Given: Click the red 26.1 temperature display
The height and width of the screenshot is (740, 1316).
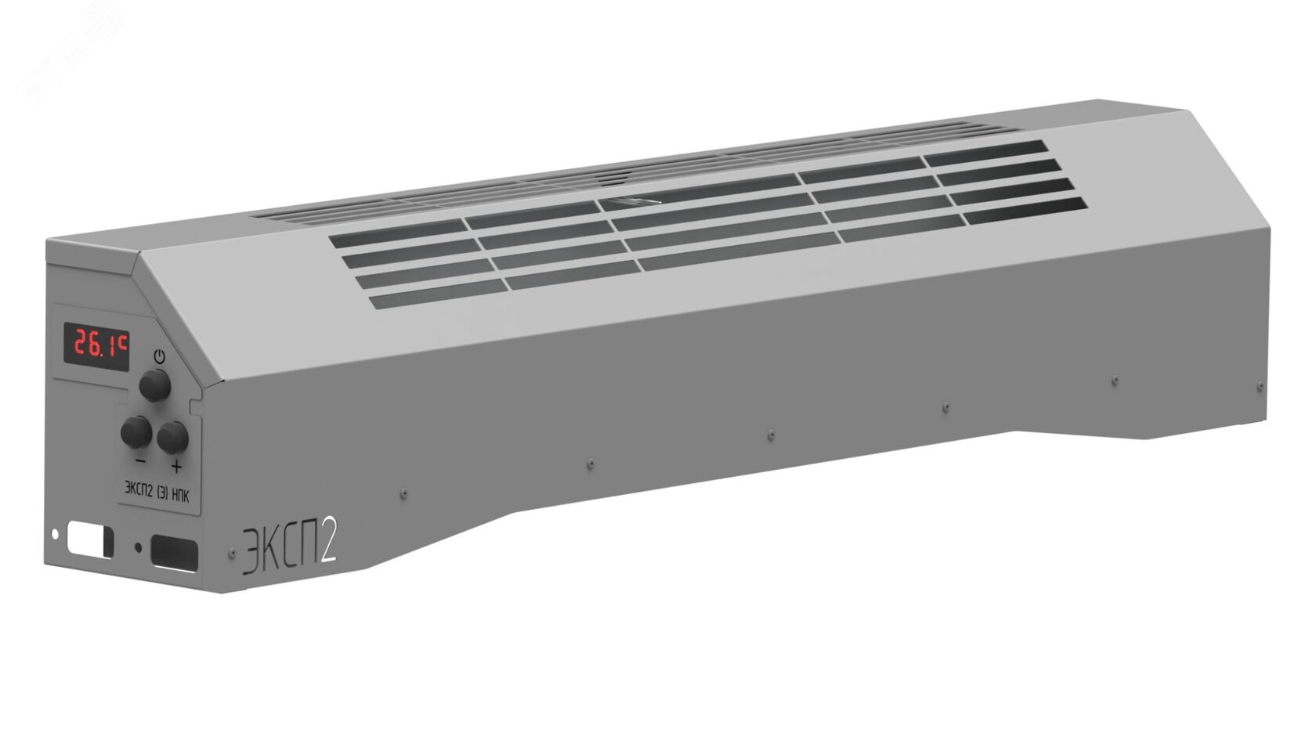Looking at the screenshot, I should tap(96, 345).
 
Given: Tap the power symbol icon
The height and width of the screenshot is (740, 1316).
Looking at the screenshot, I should tap(160, 356).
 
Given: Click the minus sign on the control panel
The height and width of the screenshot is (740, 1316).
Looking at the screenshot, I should tap(139, 459).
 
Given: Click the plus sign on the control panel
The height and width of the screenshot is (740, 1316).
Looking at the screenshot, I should tap(176, 467).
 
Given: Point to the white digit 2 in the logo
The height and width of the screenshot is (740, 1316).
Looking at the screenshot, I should tap(327, 539).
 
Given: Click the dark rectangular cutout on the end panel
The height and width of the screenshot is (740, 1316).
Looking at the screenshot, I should tap(174, 551).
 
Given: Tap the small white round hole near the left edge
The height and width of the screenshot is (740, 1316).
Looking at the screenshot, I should tap(55, 534).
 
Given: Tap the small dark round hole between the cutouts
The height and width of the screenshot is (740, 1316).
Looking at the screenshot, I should tap(139, 547).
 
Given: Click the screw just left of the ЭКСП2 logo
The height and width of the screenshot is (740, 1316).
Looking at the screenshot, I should tap(232, 553).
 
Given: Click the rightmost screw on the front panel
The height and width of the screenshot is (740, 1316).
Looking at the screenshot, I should tap(1260, 386).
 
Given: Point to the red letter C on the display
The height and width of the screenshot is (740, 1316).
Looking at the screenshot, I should tap(122, 341).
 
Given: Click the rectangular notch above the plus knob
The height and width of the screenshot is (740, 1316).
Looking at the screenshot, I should tap(196, 407).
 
